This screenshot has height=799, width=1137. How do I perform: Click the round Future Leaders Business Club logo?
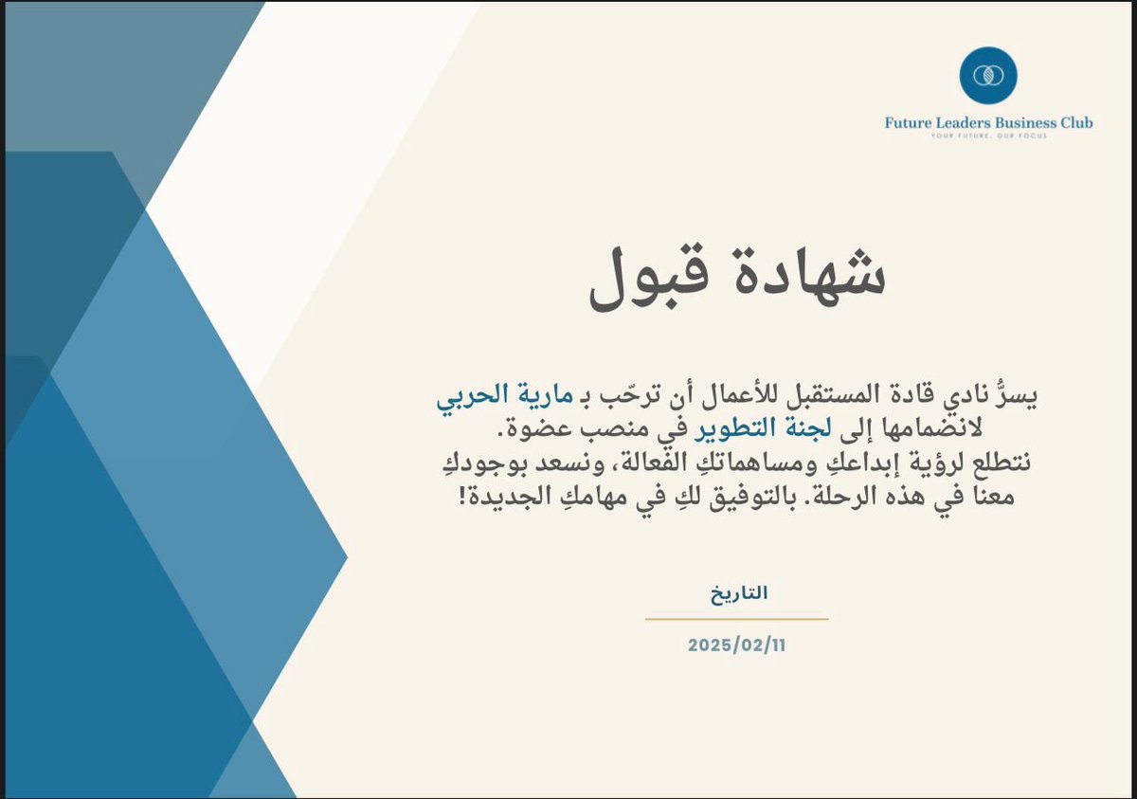pyautogui.click(x=987, y=75)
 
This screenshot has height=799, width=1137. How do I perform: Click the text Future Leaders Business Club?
pyautogui.click(x=987, y=122)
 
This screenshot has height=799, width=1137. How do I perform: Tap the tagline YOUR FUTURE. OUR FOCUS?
pyautogui.click(x=987, y=136)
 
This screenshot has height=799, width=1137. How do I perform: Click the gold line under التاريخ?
pyautogui.click(x=737, y=619)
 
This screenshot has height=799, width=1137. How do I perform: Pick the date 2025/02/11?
pyautogui.click(x=737, y=645)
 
